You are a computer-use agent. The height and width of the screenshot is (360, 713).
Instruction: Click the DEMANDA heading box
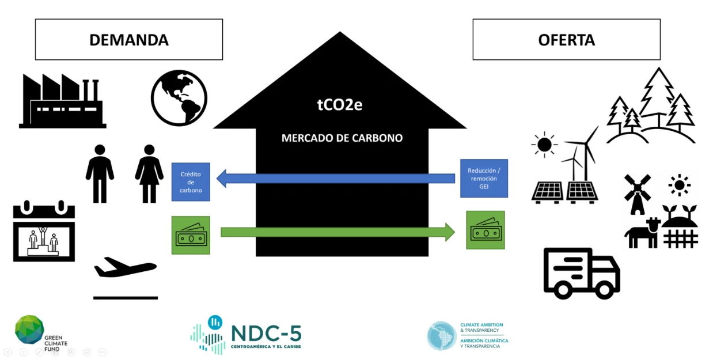tap(128, 40)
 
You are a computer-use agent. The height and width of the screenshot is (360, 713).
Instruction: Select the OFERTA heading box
tap(566, 40)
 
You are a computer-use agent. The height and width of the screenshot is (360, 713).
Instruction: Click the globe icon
tap(179, 98)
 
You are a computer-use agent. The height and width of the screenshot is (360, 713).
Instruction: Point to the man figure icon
tap(100, 173)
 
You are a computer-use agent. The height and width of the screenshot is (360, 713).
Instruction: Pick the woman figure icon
tap(149, 173)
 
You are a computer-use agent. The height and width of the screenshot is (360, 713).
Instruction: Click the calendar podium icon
tap(44, 231)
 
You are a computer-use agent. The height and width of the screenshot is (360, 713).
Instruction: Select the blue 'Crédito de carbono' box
tap(191, 182)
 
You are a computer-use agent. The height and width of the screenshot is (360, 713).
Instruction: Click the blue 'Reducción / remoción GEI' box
tap(484, 179)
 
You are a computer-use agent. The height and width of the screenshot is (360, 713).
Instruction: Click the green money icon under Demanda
tap(191, 235)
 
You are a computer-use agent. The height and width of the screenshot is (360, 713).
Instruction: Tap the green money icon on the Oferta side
tap(485, 230)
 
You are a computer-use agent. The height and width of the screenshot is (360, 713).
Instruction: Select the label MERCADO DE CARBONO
tap(342, 138)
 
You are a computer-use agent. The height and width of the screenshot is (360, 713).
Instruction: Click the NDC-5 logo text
tap(266, 332)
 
